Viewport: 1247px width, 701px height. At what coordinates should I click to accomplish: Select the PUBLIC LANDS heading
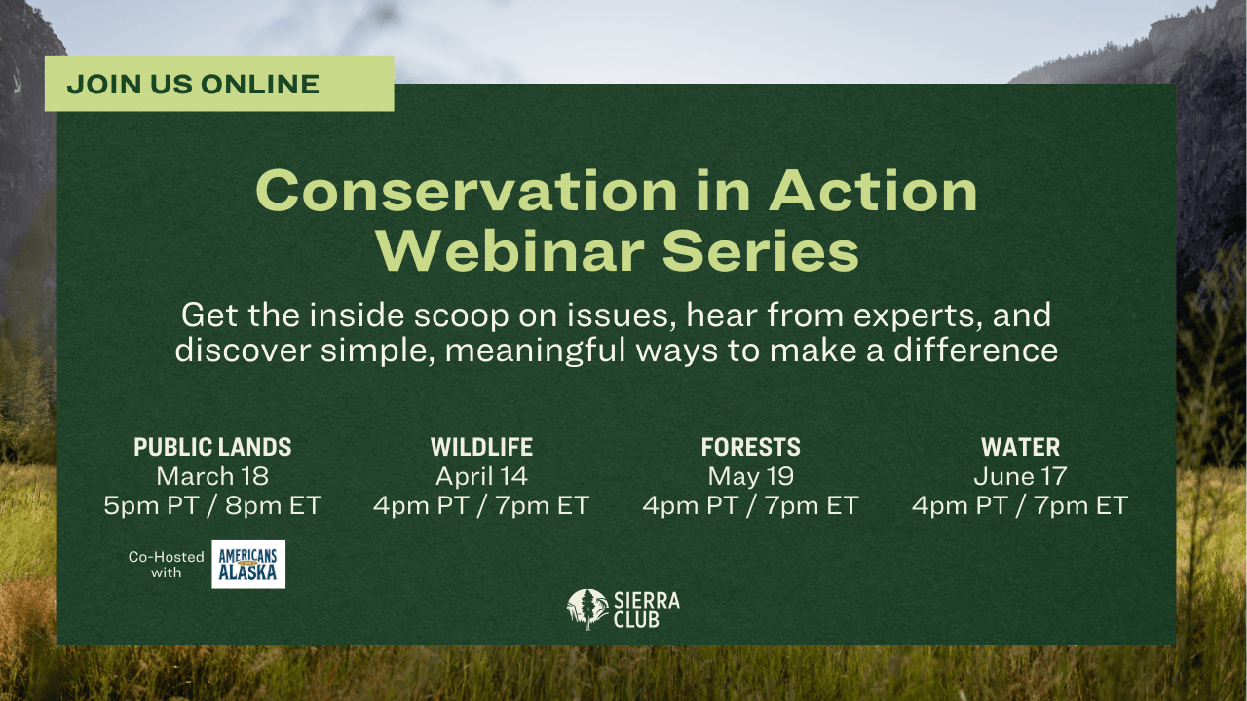click(212, 447)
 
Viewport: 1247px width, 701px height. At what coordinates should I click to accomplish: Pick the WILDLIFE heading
click(481, 447)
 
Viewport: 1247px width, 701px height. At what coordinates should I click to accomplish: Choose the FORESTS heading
click(750, 447)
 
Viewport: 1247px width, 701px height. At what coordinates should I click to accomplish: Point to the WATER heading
click(1020, 447)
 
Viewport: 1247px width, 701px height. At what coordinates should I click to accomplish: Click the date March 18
click(212, 476)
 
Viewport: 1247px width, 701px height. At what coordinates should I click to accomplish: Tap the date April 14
click(481, 476)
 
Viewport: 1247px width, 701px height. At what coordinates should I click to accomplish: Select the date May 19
click(750, 476)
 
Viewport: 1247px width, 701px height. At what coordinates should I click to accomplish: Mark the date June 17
click(1020, 476)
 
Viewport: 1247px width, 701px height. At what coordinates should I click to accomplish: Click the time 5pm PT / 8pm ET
click(212, 506)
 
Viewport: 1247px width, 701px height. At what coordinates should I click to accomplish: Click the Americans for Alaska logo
click(248, 565)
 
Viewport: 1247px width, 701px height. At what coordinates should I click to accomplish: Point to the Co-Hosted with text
click(167, 565)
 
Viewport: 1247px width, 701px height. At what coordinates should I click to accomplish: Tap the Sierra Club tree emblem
click(587, 609)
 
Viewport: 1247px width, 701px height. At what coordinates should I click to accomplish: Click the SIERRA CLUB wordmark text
click(647, 609)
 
